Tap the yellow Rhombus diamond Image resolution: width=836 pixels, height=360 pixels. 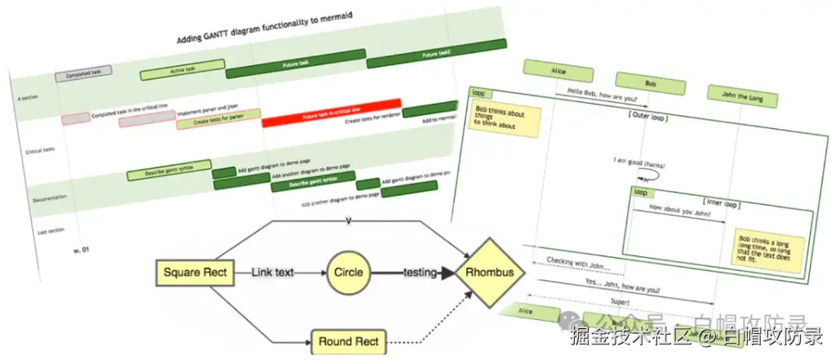point(490,273)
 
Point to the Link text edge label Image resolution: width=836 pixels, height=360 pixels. point(273,273)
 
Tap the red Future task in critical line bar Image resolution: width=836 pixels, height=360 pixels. point(331,115)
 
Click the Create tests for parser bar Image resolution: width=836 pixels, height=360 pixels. point(218,120)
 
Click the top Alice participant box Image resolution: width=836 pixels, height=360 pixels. point(558,71)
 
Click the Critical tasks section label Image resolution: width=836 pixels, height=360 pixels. point(40,151)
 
